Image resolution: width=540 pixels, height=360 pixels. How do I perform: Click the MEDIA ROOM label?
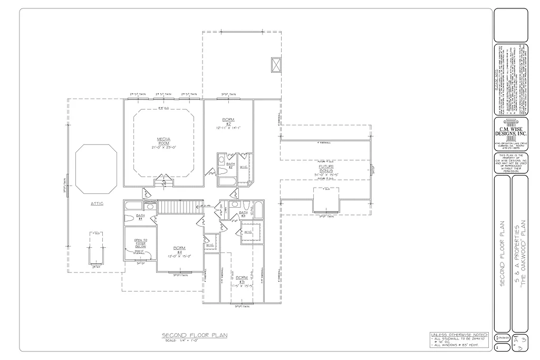tap(163, 141)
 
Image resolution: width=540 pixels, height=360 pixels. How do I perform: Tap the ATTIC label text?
tap(96, 203)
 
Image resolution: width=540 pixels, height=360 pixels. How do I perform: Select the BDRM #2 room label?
tap(228, 121)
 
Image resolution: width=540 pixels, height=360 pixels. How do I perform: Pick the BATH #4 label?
tap(140, 217)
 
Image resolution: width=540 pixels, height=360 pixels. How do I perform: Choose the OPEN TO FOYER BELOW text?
tap(140, 243)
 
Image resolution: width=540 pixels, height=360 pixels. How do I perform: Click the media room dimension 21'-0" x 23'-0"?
tap(163, 148)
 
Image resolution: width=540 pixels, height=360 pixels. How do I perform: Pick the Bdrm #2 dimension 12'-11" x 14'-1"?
tap(228, 128)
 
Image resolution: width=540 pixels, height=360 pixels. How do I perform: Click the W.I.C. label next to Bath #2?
tap(244, 167)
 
